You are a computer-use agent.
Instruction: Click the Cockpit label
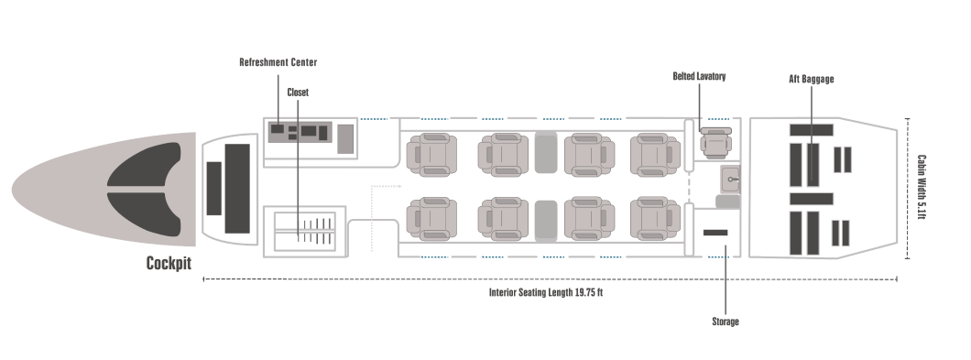[x=169, y=263]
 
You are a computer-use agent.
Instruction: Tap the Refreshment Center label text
[x=278, y=62]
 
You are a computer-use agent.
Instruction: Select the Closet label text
[x=298, y=93]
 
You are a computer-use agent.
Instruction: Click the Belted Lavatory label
[x=699, y=77]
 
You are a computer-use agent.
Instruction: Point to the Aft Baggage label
[x=811, y=80]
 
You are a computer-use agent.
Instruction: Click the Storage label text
[x=726, y=322]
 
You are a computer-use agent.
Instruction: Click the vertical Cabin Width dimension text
[x=922, y=188]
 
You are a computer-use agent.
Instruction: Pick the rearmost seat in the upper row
[x=656, y=154]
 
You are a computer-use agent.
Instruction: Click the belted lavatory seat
[x=712, y=143]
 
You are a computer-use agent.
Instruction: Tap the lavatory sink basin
[x=731, y=179]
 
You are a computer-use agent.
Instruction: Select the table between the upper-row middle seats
[x=545, y=152]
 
